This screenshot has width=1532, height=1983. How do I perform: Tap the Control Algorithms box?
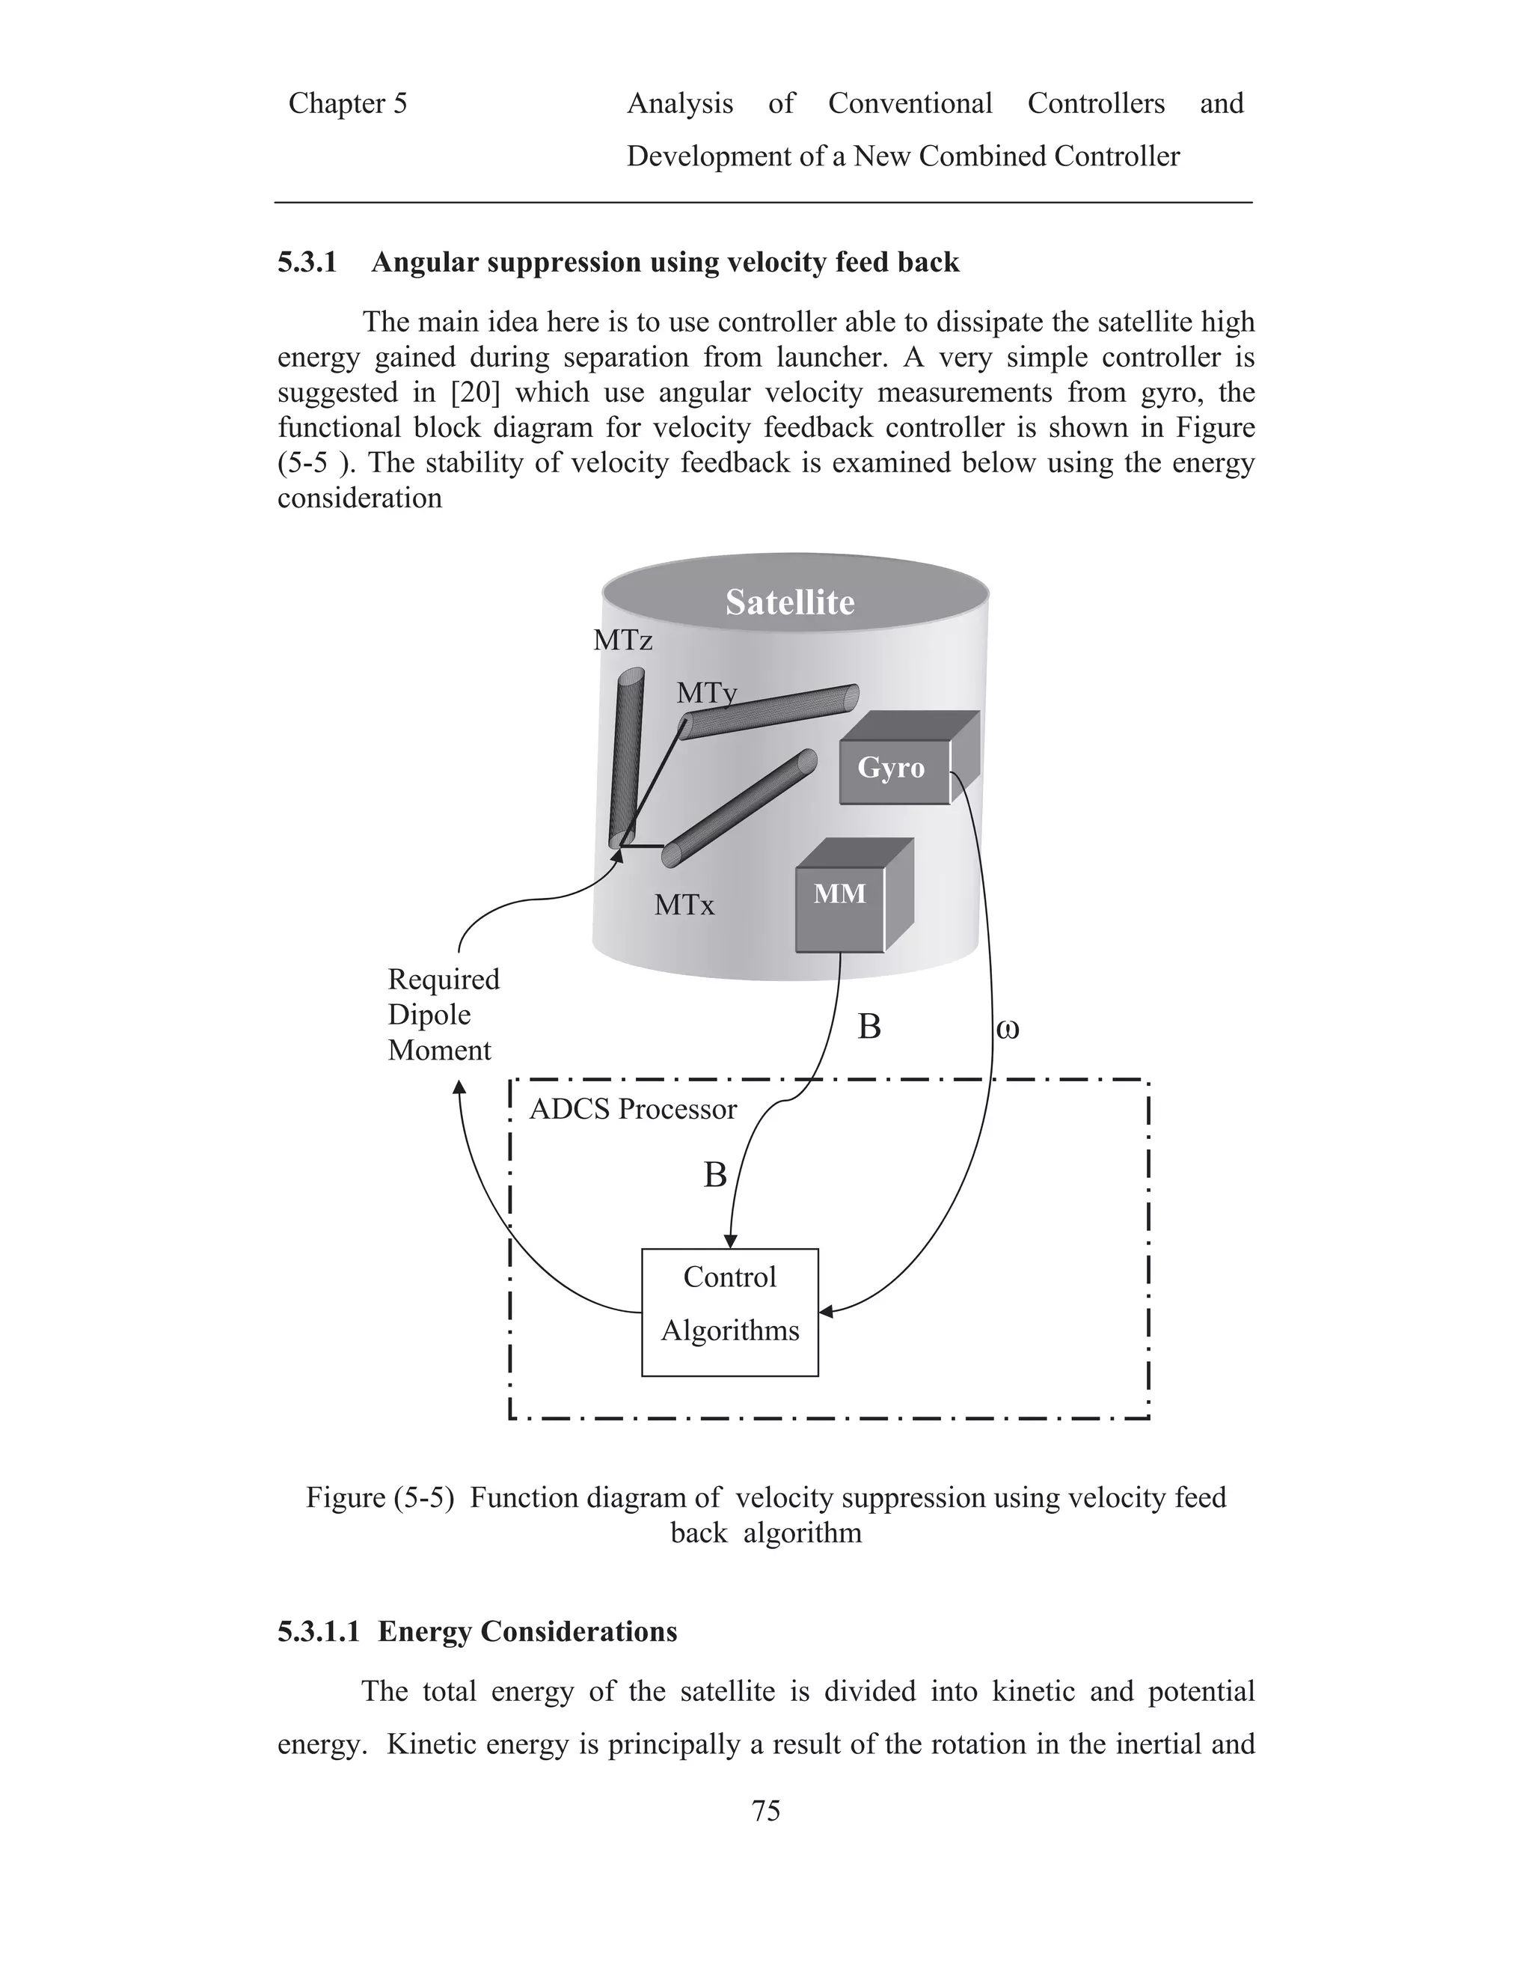(x=729, y=1312)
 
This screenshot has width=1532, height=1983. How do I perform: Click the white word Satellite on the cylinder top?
(x=790, y=602)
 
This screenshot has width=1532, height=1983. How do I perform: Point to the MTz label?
(x=622, y=641)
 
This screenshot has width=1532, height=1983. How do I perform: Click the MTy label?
(x=706, y=694)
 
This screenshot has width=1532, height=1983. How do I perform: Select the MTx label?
(x=684, y=905)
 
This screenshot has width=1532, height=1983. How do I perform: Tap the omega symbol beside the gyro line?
(x=1008, y=1029)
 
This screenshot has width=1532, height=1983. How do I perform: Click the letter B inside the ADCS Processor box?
(x=715, y=1175)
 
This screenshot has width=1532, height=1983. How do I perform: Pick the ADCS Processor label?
(x=633, y=1110)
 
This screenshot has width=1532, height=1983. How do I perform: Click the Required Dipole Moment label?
(x=443, y=1014)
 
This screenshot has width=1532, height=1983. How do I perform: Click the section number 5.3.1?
(x=307, y=263)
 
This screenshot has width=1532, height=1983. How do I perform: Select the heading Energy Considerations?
(x=527, y=1631)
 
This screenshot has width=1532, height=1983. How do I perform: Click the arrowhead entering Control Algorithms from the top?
(x=729, y=1241)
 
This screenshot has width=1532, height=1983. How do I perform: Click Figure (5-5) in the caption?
(x=379, y=1497)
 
